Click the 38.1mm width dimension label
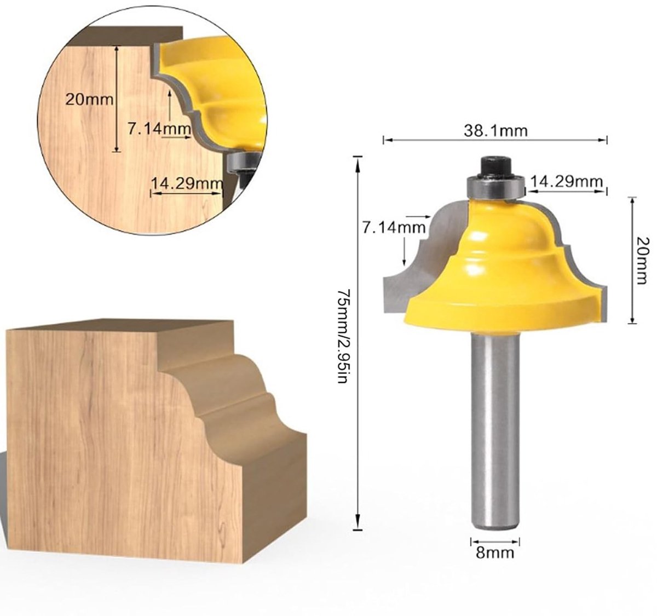click(x=495, y=131)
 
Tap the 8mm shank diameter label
click(x=495, y=553)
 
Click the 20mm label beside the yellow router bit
click(x=642, y=260)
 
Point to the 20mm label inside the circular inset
click(x=89, y=99)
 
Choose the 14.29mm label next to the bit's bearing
click(x=566, y=181)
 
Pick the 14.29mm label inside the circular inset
click(x=187, y=183)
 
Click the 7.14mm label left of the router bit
click(x=394, y=228)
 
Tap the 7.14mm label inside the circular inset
click(x=159, y=129)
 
